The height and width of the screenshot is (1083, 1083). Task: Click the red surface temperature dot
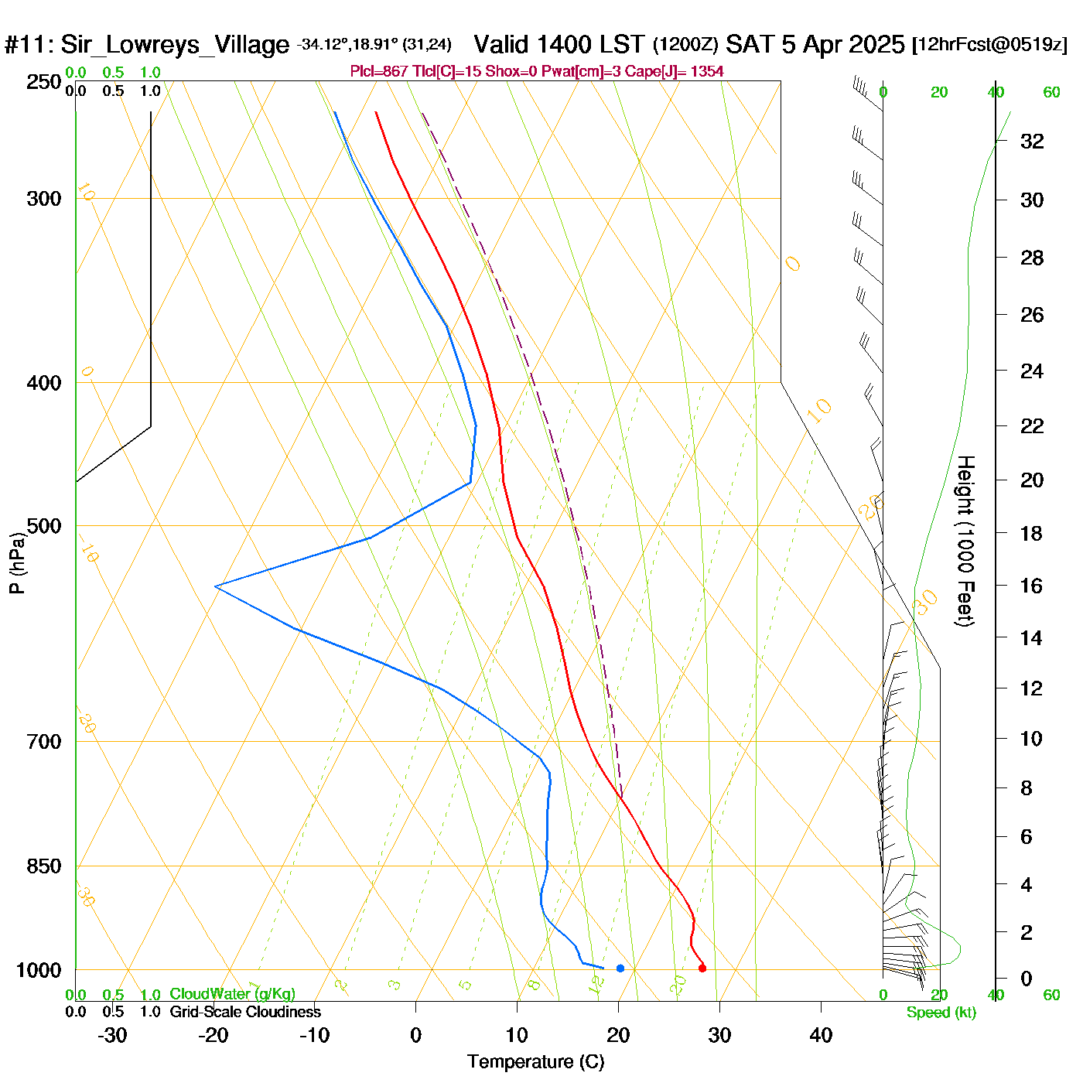[702, 968]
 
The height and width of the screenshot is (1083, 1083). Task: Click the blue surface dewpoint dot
[620, 968]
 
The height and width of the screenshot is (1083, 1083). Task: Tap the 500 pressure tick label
[44, 526]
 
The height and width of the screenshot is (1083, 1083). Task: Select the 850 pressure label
[44, 866]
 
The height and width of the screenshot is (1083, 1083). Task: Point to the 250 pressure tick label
[44, 82]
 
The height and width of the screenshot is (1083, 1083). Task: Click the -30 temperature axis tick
[112, 1035]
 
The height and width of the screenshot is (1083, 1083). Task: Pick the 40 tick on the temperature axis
[821, 1035]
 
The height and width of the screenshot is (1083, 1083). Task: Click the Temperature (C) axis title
[535, 1062]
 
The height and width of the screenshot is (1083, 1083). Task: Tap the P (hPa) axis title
[17, 563]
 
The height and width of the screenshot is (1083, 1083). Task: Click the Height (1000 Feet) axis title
[965, 541]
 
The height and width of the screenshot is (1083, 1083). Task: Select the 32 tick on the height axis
[1032, 142]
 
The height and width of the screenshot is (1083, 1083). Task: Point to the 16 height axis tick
[1032, 586]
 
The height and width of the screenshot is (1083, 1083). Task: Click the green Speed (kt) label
[941, 1013]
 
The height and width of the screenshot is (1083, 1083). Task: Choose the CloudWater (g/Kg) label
[232, 994]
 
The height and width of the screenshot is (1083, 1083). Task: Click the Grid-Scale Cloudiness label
[245, 1012]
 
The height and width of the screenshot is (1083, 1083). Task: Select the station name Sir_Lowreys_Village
[175, 45]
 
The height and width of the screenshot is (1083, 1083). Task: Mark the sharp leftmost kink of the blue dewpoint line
[216, 587]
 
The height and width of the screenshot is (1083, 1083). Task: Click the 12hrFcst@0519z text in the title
[989, 45]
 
